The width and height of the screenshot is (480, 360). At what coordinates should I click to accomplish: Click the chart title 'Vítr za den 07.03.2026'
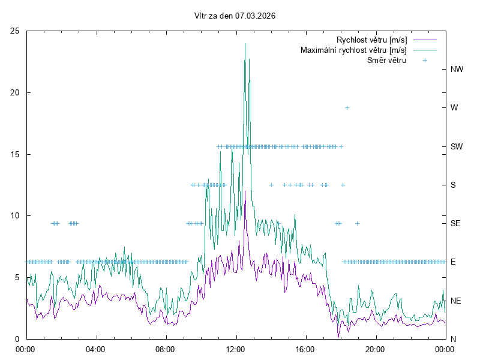tap(235, 16)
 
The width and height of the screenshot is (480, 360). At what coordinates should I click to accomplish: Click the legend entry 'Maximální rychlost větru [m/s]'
tap(353, 50)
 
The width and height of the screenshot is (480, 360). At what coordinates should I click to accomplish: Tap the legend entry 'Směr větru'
tap(386, 60)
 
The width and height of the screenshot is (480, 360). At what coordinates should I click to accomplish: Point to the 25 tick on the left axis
tap(15, 31)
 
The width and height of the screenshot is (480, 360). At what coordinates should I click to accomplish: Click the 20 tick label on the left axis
tap(15, 92)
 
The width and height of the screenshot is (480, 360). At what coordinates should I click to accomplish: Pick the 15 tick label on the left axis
tap(15, 154)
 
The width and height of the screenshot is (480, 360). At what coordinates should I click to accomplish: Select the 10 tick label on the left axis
tap(15, 215)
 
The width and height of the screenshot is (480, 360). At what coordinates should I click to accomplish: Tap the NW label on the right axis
tap(457, 69)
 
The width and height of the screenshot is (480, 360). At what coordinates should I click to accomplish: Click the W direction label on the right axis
tap(454, 107)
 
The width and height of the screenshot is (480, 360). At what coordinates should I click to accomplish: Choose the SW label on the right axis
tap(457, 146)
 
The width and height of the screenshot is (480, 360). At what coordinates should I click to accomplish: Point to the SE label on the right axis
tap(456, 223)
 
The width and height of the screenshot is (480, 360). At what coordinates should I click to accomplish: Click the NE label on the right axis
tap(457, 300)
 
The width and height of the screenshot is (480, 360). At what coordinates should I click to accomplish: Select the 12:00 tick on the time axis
tap(235, 348)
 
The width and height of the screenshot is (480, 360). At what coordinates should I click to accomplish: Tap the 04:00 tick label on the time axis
tap(95, 348)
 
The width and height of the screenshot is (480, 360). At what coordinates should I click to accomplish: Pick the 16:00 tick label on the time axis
tap(305, 348)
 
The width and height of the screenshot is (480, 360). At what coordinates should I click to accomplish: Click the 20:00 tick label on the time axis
tap(375, 348)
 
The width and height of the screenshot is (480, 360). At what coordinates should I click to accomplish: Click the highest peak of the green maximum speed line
tap(245, 44)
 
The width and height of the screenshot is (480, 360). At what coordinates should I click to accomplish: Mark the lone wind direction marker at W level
tap(347, 107)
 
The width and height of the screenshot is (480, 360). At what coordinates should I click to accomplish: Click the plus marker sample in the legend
tap(425, 60)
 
